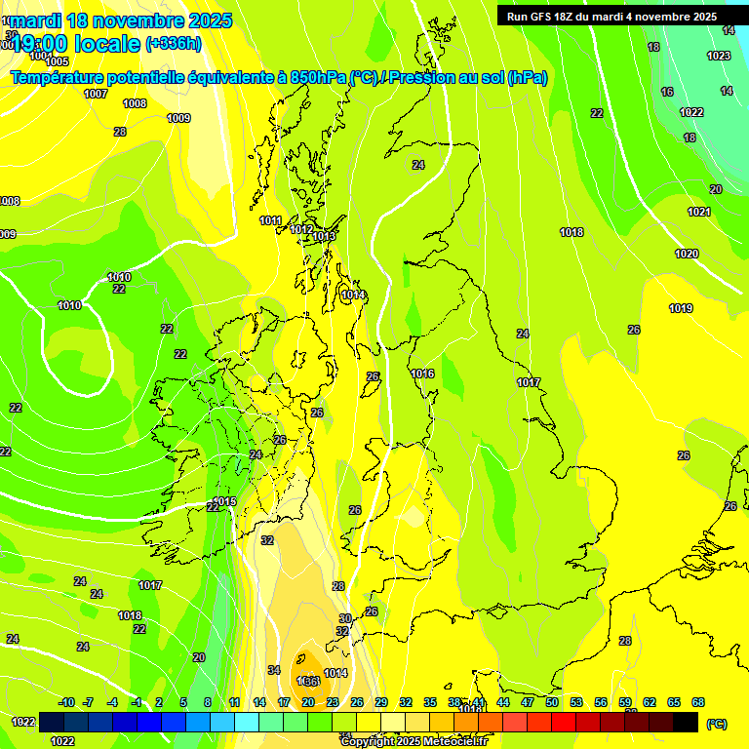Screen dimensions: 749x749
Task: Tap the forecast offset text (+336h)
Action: (x=173, y=43)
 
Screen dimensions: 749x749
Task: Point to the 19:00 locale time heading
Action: (x=75, y=43)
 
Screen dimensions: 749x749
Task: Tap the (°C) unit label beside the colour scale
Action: (x=716, y=724)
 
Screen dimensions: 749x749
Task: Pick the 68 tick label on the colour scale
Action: (x=698, y=702)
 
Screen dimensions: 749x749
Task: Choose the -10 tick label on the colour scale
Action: (x=66, y=702)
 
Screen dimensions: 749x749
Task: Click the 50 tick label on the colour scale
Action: (x=552, y=702)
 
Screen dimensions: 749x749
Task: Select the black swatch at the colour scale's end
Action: (x=686, y=722)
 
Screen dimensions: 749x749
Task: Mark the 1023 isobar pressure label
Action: (x=719, y=56)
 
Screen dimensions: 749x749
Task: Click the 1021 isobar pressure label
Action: (x=699, y=212)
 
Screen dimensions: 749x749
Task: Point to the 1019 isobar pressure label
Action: (x=681, y=309)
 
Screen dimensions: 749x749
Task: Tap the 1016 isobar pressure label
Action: (x=422, y=374)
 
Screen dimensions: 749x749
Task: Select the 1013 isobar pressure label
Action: (x=325, y=237)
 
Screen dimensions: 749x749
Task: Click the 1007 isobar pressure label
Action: (x=96, y=95)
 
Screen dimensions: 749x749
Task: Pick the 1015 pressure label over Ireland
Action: (x=225, y=501)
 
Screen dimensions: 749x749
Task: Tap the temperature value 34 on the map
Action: (x=274, y=670)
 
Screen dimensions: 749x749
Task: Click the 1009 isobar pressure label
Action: (x=178, y=118)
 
